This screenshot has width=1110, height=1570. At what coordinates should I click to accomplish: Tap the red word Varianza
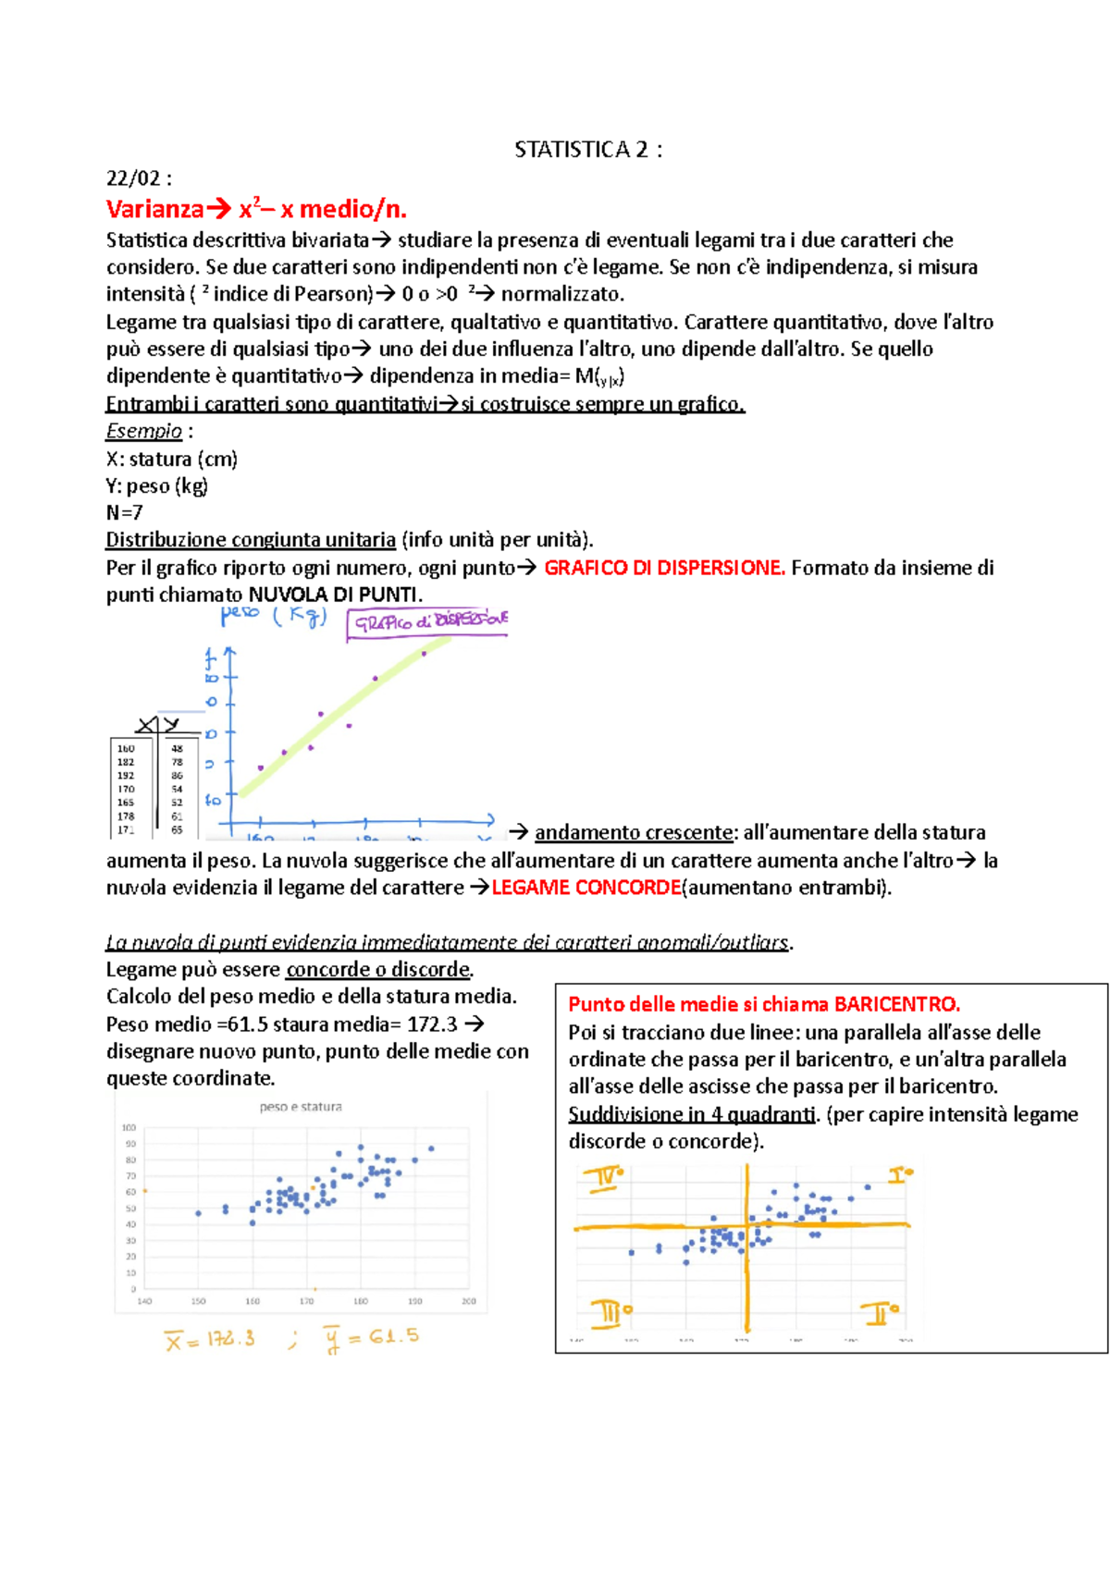pos(154,209)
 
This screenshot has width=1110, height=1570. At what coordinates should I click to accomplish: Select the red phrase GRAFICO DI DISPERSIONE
pos(664,568)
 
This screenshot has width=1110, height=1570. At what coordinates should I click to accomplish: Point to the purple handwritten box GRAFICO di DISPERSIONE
pos(428,622)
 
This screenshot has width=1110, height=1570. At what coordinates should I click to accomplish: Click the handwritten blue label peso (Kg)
pos(274,616)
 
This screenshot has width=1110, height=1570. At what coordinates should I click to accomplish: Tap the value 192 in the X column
pos(126,776)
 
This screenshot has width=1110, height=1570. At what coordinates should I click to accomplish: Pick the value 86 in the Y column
pos(177,776)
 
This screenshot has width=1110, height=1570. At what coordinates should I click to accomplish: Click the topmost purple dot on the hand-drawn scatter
pos(425,654)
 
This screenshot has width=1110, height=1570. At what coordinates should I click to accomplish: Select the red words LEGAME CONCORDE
pos(586,888)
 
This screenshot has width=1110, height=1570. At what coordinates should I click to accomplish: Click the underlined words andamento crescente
pos(634,832)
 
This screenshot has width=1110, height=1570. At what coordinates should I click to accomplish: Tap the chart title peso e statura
pos(301,1107)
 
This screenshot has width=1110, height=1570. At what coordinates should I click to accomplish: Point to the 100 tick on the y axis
pos(129,1128)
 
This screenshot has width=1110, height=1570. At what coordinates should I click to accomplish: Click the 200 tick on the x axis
pos(468,1301)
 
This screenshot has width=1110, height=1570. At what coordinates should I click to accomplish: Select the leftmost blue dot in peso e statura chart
pos(198,1213)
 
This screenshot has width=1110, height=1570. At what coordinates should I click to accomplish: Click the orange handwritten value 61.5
pos(394,1336)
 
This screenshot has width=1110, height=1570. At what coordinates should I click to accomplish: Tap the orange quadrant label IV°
pos(602,1179)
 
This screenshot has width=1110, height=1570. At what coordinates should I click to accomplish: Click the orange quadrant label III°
pos(610,1312)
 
